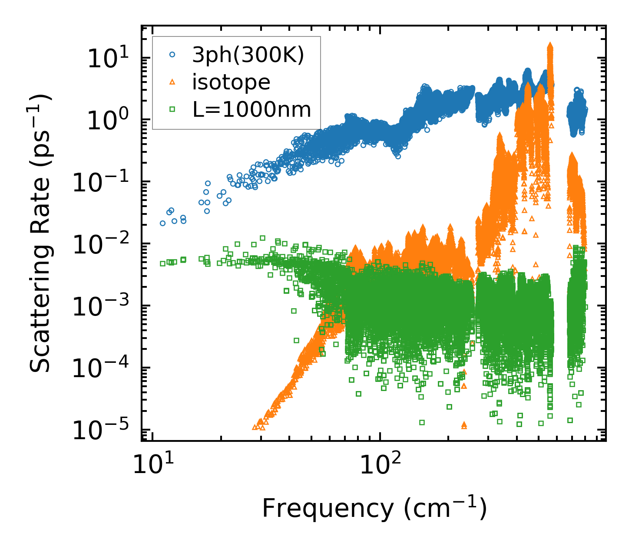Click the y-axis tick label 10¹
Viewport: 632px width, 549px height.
[107, 59]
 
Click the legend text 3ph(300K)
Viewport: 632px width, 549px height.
[248, 55]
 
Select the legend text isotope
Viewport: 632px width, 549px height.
[231, 82]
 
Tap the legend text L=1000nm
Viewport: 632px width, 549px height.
[252, 110]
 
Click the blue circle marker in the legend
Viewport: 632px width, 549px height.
[172, 55]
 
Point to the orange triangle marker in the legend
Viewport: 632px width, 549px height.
[172, 82]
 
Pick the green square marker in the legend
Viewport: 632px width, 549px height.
[172, 109]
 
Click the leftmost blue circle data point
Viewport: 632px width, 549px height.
[162, 223]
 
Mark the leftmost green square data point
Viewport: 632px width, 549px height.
[162, 263]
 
